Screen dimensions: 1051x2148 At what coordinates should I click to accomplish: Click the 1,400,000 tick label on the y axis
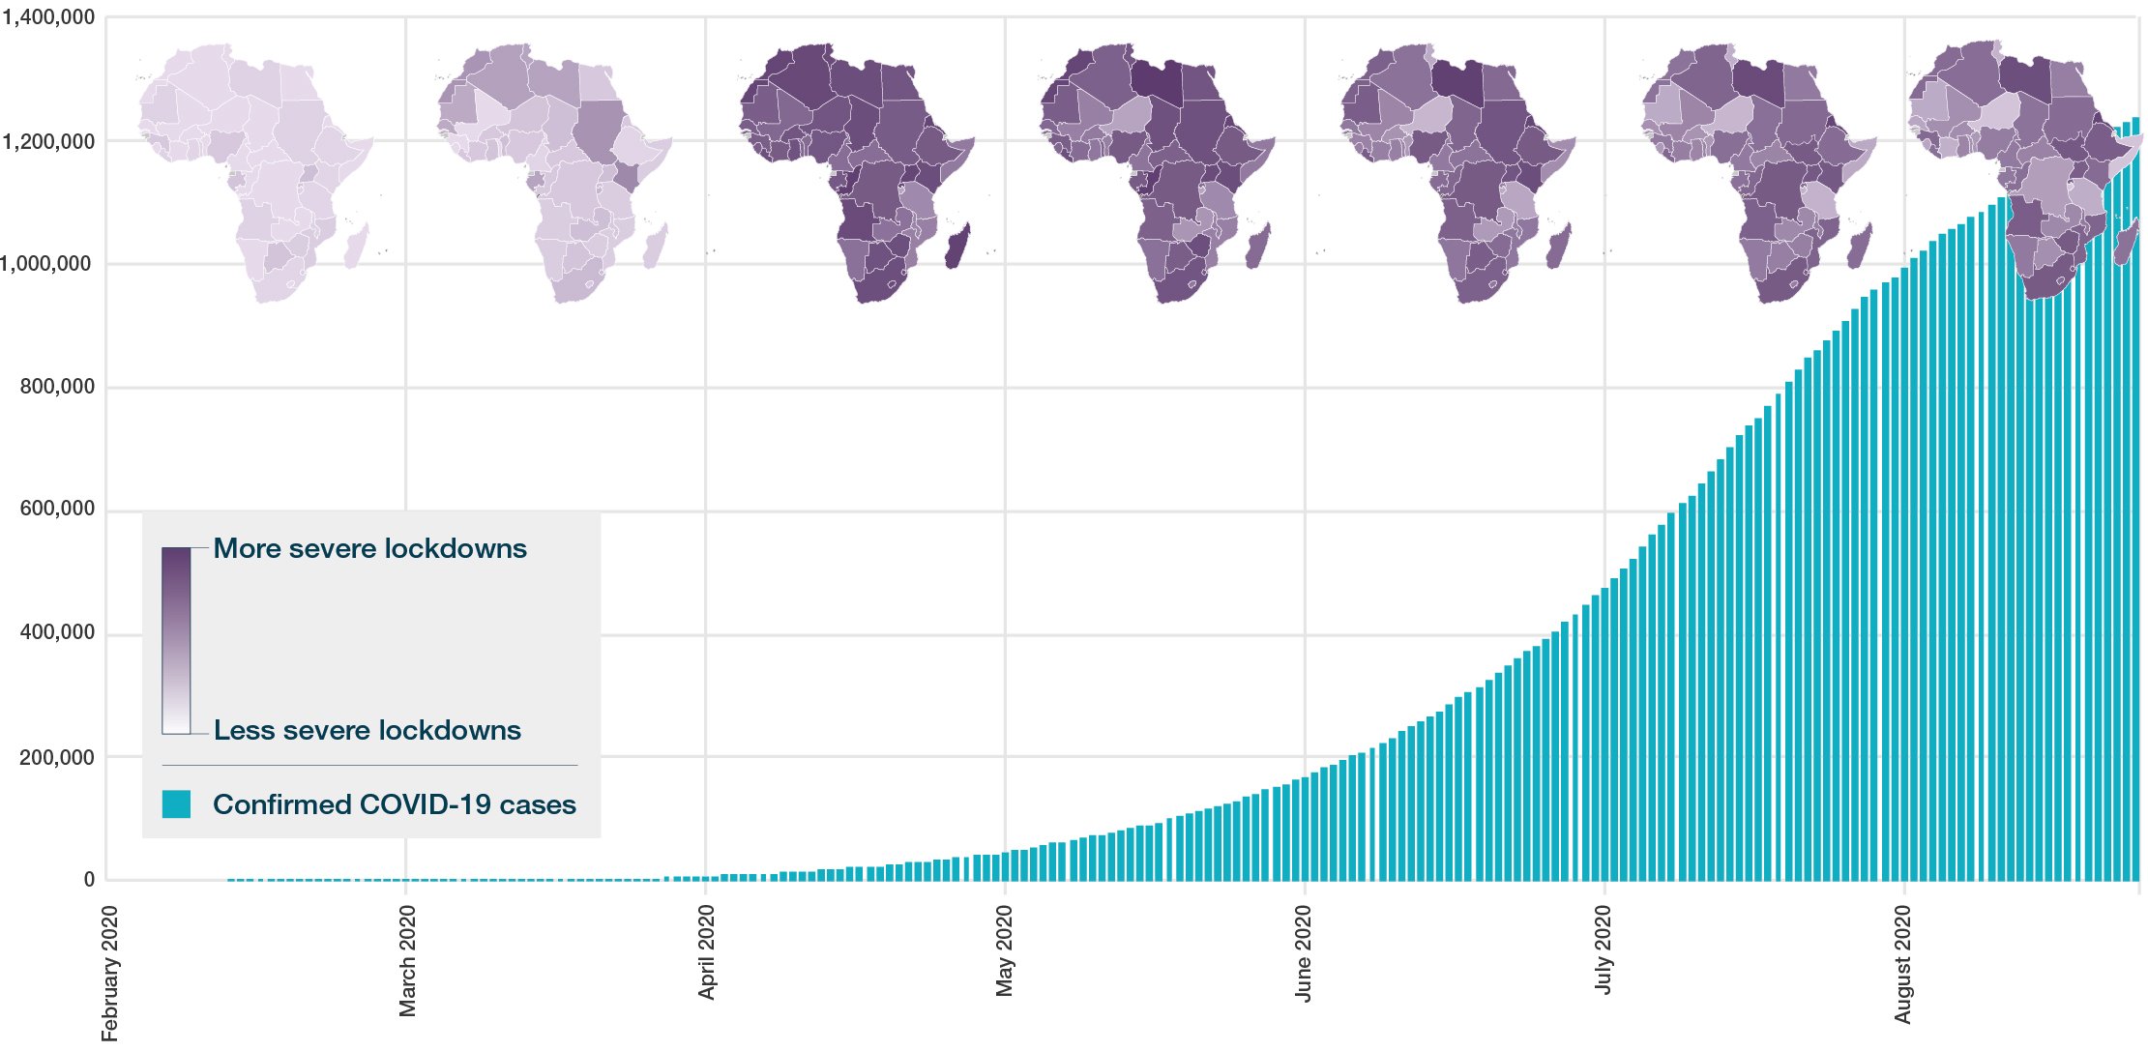point(48,17)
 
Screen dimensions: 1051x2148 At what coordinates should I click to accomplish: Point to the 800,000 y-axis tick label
point(57,387)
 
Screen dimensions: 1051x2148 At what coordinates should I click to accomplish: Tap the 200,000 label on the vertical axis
point(57,757)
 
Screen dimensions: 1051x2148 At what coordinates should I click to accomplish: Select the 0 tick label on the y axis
point(89,880)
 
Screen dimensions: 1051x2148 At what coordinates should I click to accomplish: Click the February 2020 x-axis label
point(109,973)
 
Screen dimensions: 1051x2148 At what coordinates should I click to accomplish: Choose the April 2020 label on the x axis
point(707,952)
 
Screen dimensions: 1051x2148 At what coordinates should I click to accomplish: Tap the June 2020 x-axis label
point(1304,953)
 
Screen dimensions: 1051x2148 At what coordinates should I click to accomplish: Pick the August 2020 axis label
point(1902,964)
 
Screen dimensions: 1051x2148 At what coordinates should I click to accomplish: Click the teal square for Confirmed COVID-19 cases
point(176,804)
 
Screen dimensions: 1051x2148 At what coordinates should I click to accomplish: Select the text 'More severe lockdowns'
point(369,548)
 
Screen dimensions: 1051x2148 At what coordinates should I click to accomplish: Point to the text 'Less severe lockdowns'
point(367,730)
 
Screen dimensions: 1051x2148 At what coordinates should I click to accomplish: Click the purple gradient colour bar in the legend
point(176,640)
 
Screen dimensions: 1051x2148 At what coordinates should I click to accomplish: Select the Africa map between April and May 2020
point(856,172)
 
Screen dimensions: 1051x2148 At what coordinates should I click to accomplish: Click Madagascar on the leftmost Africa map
point(356,246)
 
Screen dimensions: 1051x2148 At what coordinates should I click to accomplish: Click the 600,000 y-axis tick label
point(57,509)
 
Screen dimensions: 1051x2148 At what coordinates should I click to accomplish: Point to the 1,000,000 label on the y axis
point(48,264)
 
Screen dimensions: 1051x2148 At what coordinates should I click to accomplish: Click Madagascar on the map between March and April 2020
point(656,246)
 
